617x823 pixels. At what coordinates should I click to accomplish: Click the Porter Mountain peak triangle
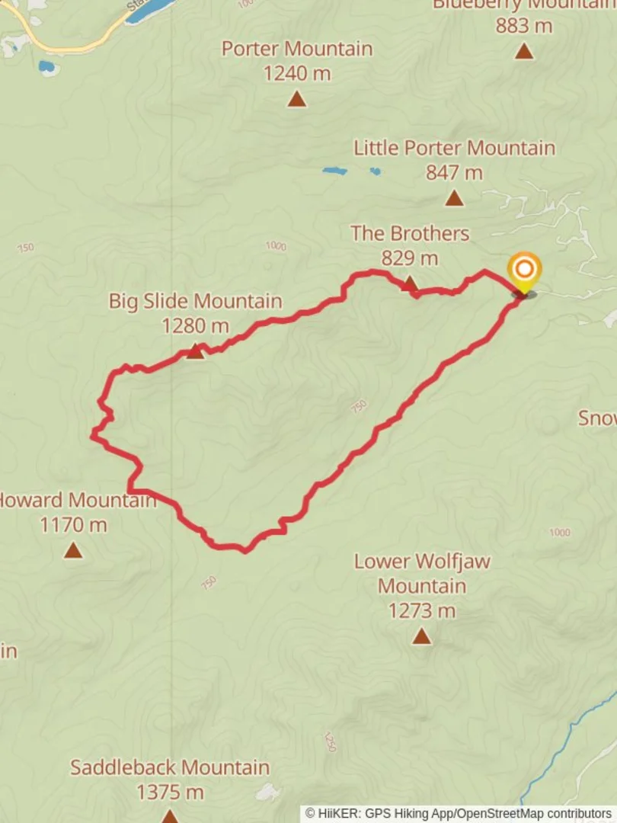pyautogui.click(x=297, y=99)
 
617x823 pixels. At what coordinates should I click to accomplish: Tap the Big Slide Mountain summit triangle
pyautogui.click(x=195, y=351)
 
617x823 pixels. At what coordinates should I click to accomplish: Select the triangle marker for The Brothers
pyautogui.click(x=410, y=284)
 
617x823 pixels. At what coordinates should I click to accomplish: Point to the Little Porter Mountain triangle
pyautogui.click(x=454, y=198)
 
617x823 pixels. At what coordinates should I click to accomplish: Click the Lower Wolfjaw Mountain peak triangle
pyautogui.click(x=421, y=636)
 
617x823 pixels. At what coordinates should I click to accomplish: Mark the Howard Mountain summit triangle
pyautogui.click(x=73, y=549)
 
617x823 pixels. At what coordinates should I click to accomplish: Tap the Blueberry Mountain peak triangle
pyautogui.click(x=523, y=51)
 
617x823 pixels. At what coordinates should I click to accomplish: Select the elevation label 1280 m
pyautogui.click(x=195, y=326)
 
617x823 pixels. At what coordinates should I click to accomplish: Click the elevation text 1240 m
pyautogui.click(x=297, y=73)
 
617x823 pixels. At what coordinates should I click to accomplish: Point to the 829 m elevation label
pyautogui.click(x=410, y=258)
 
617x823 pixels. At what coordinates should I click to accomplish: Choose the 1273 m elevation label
pyautogui.click(x=421, y=610)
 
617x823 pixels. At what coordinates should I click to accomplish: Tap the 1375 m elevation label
pyautogui.click(x=170, y=793)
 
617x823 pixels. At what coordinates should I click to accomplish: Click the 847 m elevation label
pyautogui.click(x=454, y=173)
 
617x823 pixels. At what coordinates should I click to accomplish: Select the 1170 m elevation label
pyautogui.click(x=73, y=524)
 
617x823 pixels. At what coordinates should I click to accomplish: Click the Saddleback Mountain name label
pyautogui.click(x=170, y=767)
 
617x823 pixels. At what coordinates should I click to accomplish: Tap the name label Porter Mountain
pyautogui.click(x=297, y=49)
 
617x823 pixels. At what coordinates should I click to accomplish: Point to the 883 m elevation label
pyautogui.click(x=523, y=26)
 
